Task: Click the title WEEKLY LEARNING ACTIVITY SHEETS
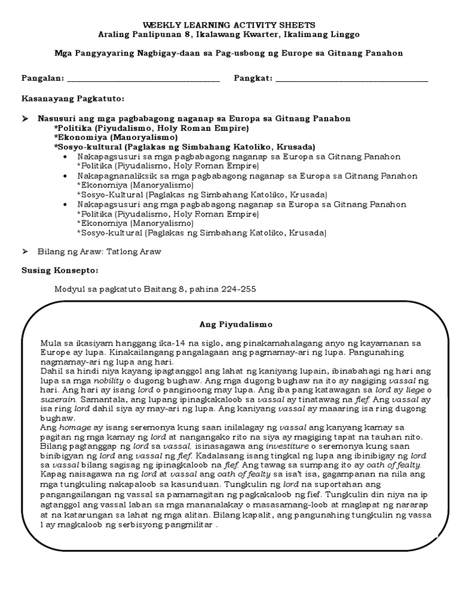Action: pos(229,26)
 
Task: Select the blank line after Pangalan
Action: pos(143,80)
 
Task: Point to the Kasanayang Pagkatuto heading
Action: pos(73,98)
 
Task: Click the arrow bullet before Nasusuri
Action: pos(25,119)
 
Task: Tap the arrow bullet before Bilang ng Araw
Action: pos(25,252)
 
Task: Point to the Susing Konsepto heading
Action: pos(60,270)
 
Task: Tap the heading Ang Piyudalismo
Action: pos(235,325)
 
